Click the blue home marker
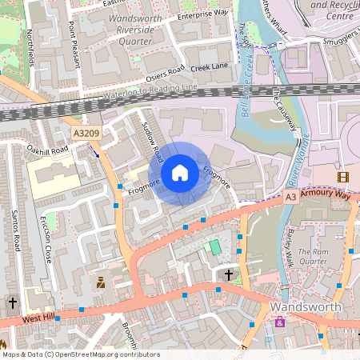(x=180, y=173)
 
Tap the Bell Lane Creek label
(x=249, y=88)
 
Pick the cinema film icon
(x=343, y=177)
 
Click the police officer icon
(x=101, y=282)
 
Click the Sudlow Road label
(x=152, y=140)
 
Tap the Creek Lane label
(x=209, y=66)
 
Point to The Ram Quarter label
(x=314, y=256)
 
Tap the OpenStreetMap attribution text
(x=80, y=354)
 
